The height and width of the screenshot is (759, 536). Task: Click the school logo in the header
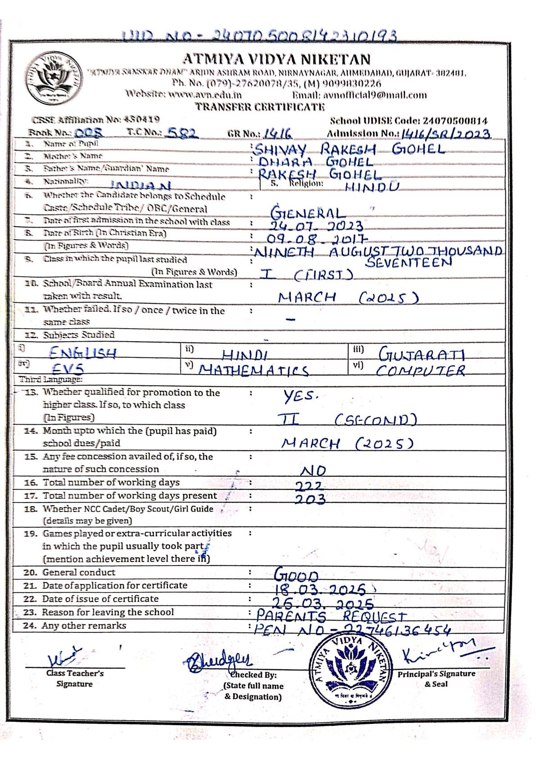[55, 79]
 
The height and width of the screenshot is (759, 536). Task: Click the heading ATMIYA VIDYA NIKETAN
[276, 59]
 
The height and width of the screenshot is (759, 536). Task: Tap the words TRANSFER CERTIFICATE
[259, 107]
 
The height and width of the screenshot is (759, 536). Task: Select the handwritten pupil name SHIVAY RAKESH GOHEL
[350, 149]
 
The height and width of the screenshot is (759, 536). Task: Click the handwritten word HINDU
[372, 187]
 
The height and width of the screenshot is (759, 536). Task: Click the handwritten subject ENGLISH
[83, 352]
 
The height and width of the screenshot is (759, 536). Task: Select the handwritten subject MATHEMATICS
[254, 370]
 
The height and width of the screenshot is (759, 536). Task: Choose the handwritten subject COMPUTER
[421, 370]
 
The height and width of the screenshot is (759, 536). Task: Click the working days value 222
[309, 486]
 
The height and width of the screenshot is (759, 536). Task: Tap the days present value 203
[310, 499]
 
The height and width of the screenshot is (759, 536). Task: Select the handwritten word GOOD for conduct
[296, 576]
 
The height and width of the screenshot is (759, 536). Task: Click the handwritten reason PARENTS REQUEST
[331, 616]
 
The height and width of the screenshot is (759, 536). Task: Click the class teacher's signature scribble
[65, 657]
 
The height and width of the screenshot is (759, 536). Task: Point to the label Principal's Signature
[436, 674]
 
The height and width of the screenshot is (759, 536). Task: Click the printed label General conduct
[79, 572]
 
